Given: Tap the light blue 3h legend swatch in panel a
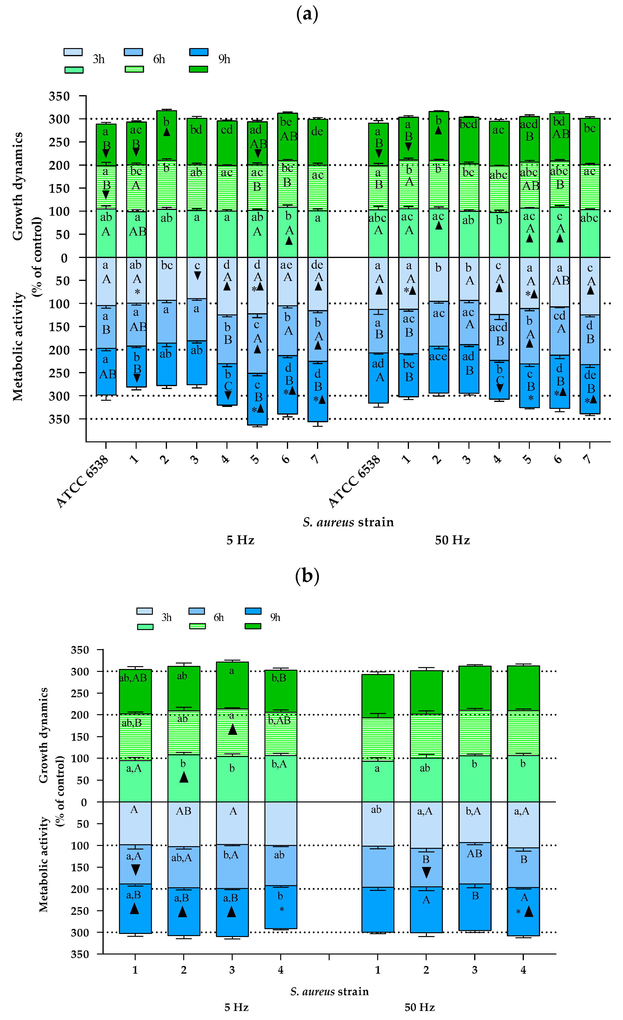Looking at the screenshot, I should point(73,52).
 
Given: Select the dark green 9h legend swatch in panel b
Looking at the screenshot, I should point(253,626).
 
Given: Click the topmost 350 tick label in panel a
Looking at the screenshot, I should point(59,96).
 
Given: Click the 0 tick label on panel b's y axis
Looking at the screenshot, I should point(84,802).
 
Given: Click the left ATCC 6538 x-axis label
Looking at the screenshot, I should point(82,482).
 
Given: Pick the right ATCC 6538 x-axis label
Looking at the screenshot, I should point(354,482).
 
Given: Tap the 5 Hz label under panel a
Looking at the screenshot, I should point(240,540).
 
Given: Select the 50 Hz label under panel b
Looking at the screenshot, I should point(419,1007).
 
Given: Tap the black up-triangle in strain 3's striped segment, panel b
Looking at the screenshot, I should point(232,729).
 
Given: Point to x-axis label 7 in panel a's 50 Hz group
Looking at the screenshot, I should point(589,459).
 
